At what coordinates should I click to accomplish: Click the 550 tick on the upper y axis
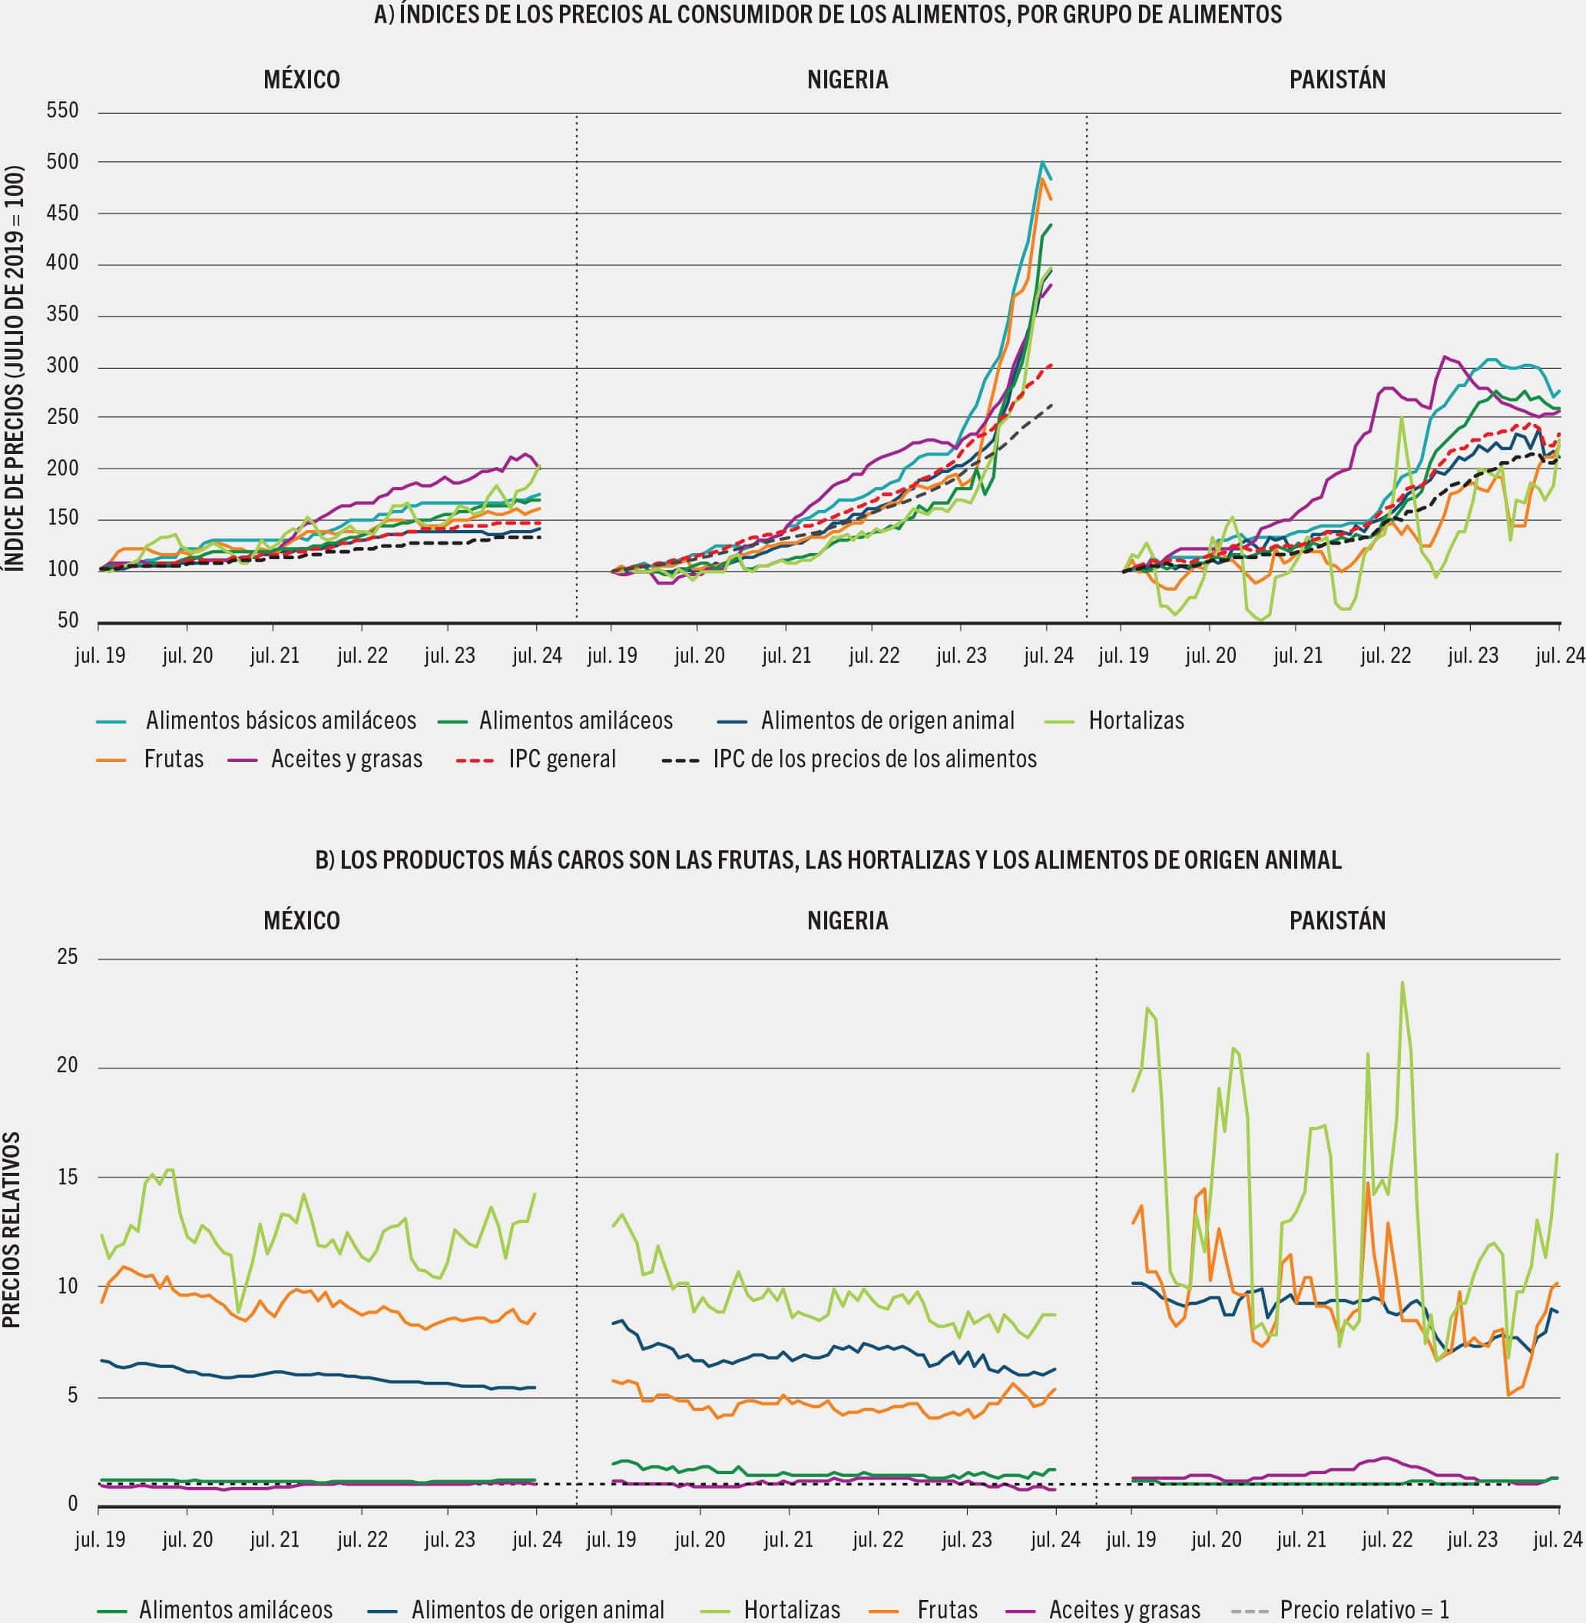coord(62,111)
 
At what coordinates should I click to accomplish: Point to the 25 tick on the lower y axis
coord(67,957)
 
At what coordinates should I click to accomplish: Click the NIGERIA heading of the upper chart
coord(847,80)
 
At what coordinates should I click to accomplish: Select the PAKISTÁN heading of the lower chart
coord(1337,921)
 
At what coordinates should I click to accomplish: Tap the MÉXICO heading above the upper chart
coord(302,80)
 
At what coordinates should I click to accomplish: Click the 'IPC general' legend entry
coord(562,759)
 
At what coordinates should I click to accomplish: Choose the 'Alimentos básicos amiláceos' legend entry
coord(280,720)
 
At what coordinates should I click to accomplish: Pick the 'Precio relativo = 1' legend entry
coord(1365,1609)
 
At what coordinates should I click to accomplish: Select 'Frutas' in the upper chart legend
coord(174,759)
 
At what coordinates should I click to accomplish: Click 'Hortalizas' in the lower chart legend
coord(791,1609)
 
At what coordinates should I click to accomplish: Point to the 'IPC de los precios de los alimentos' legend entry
coord(875,759)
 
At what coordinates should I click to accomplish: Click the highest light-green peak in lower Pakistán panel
coord(1402,983)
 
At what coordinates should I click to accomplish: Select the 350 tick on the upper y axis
coord(62,315)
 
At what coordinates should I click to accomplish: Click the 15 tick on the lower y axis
coord(67,1177)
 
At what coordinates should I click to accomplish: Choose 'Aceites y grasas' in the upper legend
coord(346,759)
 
